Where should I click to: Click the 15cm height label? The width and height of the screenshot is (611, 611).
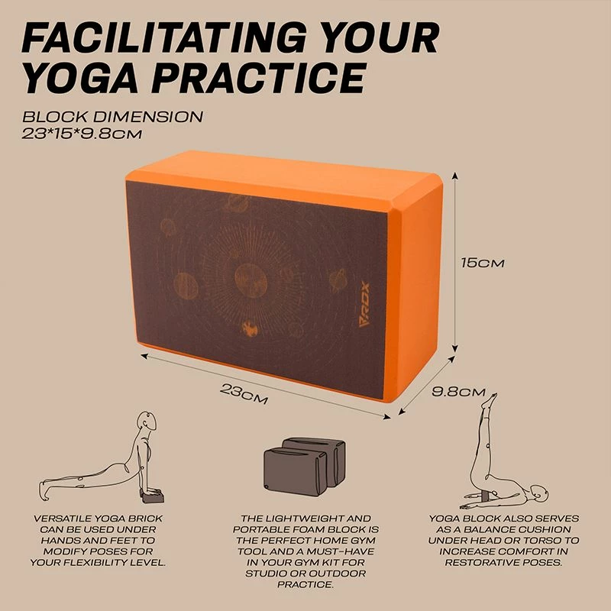483,262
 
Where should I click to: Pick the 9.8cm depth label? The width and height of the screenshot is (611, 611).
458,392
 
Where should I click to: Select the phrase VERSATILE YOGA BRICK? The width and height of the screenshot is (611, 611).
97,519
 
